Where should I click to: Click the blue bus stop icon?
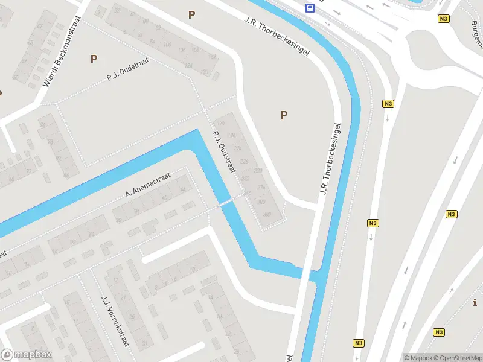[x=310, y=8]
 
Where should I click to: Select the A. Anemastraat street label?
[x=148, y=185]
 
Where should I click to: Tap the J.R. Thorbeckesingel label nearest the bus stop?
[x=277, y=36]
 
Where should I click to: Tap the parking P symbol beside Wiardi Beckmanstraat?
[x=94, y=59]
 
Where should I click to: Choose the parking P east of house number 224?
[x=284, y=115]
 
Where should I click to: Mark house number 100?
[x=167, y=45]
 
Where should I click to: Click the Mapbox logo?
[x=27, y=355]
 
